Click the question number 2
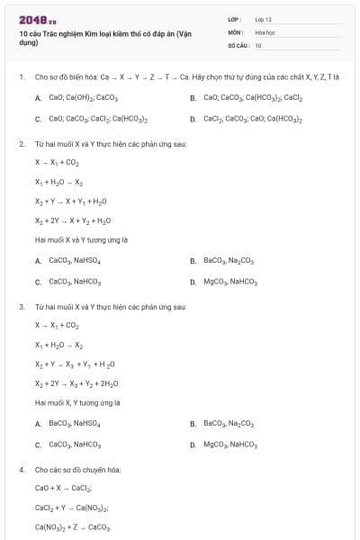coord(21,144)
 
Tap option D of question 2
coord(229,282)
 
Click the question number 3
coord(21,307)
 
